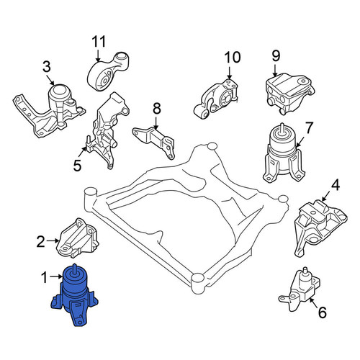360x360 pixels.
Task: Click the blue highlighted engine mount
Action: (75, 296)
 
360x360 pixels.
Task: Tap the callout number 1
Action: (45, 278)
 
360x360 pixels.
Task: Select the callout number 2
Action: (41, 241)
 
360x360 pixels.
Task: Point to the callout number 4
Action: (336, 185)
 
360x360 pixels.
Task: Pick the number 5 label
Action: (77, 166)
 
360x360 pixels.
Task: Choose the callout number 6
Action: (322, 312)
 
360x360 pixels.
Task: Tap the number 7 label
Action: (309, 127)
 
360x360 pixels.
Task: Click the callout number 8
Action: (157, 108)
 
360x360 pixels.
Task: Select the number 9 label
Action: (276, 56)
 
